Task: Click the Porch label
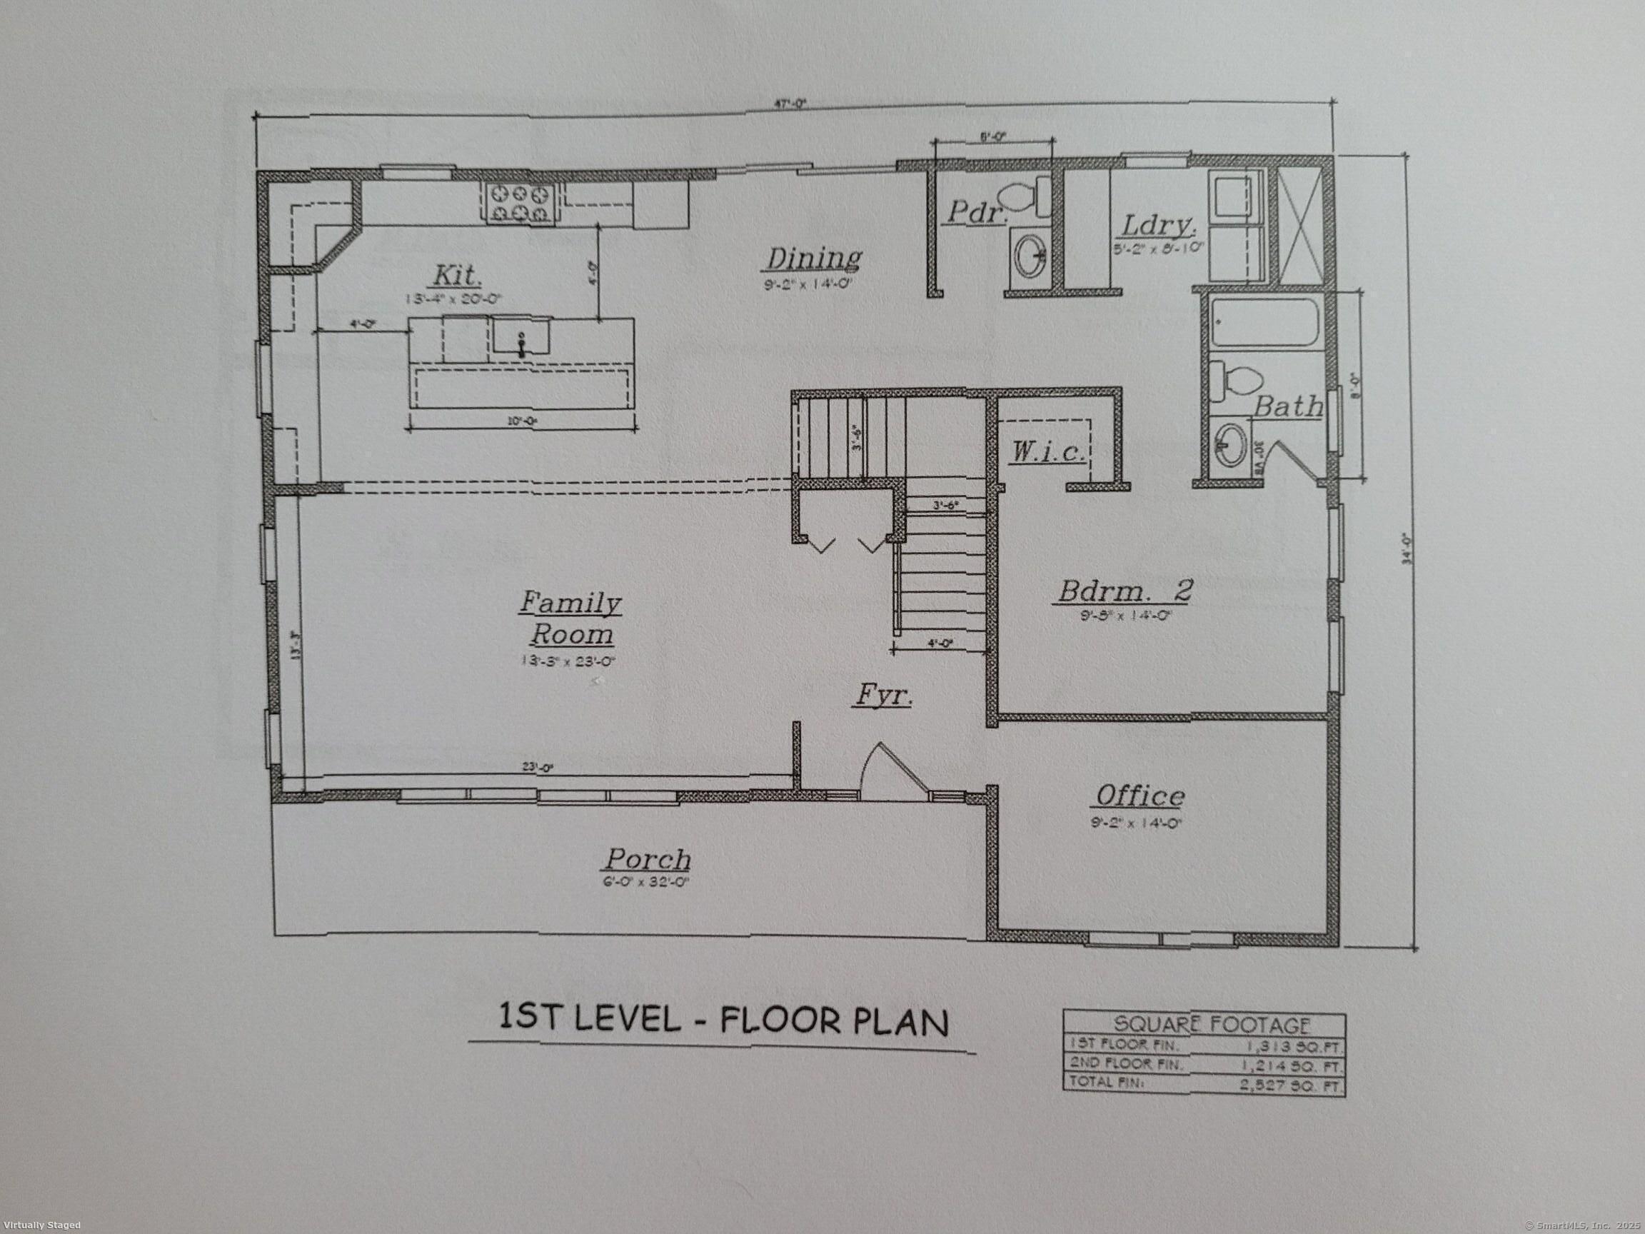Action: click(x=646, y=859)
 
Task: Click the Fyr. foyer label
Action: click(x=882, y=696)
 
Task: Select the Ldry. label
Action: click(x=1157, y=225)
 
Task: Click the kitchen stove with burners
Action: click(x=521, y=203)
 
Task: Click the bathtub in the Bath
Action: click(x=1264, y=322)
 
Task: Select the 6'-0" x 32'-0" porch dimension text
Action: click(x=646, y=883)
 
